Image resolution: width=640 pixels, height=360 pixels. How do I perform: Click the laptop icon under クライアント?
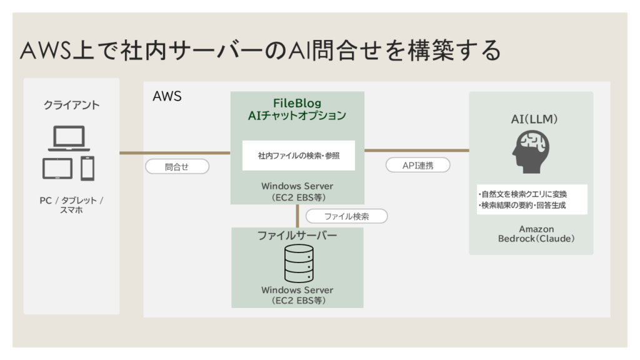[69, 138]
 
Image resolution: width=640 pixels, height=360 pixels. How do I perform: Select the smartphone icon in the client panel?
[87, 167]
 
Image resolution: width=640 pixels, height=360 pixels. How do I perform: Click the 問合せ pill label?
[177, 167]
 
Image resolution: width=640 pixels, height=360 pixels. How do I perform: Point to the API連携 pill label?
[417, 166]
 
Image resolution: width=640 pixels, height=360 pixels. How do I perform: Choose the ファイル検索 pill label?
[346, 216]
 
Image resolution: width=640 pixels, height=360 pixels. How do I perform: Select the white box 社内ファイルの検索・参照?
[298, 155]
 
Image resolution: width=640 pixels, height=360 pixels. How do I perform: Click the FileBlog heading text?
[297, 102]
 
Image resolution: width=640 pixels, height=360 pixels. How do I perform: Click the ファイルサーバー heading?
[297, 236]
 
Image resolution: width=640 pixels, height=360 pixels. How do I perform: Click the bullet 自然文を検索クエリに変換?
[531, 194]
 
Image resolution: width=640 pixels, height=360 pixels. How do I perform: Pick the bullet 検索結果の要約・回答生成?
[531, 205]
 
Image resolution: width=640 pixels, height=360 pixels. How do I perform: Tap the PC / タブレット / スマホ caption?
[71, 205]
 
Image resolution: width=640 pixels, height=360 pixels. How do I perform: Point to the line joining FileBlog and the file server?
[298, 216]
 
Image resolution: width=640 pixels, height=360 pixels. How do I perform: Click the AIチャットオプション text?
[297, 116]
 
